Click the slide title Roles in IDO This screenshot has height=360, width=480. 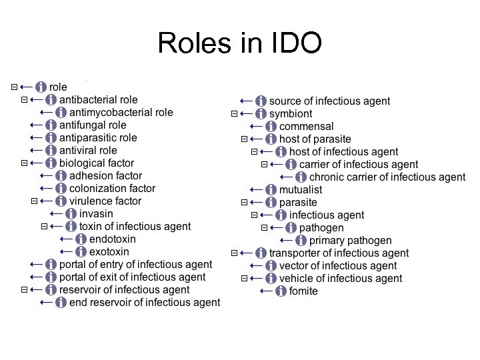[240, 43]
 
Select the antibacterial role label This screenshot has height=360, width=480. [98, 100]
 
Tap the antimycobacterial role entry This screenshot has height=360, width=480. [121, 113]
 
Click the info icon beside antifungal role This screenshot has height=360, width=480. [51, 125]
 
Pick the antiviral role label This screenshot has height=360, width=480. [88, 151]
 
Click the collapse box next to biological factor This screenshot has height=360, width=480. [24, 163]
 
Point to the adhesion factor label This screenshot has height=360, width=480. [105, 176]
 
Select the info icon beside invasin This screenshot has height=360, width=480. [71, 214]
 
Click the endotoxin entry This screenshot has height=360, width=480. [112, 239]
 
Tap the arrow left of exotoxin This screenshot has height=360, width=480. [66, 252]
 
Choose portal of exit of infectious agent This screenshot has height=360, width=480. [132, 277]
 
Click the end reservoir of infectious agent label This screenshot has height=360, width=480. [144, 303]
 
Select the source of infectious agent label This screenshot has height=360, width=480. [329, 101]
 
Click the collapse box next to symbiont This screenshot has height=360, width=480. [234, 114]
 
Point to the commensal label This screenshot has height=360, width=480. [306, 127]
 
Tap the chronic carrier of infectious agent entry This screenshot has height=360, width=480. [387, 177]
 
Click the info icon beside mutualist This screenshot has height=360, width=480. [271, 190]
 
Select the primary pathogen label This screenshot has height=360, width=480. [350, 241]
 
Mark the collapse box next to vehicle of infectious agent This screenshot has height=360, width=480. [244, 279]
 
